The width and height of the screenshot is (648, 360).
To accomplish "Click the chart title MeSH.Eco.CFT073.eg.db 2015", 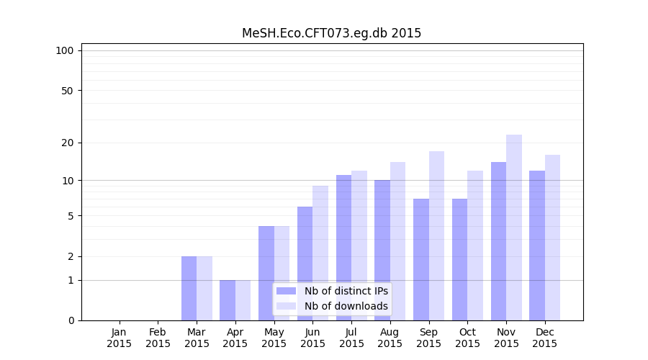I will pos(331,33).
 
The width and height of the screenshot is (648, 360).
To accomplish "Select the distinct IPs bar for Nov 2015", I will pos(498,241).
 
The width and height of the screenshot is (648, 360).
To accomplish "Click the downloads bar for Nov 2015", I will pos(514,228).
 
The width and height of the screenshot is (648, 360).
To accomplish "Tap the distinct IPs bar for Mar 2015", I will pos(189,288).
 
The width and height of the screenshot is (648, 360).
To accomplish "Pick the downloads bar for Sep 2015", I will pos(436,235).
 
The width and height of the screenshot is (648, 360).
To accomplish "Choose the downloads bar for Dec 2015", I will pos(552,238).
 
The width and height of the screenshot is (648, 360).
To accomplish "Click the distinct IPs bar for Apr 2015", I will pos(228,300).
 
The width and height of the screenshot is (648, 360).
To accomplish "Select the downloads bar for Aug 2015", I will pos(397,241).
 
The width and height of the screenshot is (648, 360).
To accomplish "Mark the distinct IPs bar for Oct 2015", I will pos(459,259).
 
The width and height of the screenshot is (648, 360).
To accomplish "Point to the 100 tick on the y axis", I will pos(65,50).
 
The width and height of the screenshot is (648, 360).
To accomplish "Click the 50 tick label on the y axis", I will pos(67,91).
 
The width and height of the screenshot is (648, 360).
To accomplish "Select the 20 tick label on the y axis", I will pos(67,143).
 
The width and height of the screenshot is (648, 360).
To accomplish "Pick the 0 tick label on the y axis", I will pos(71,320).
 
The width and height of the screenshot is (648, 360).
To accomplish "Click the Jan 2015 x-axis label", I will pos(120,338).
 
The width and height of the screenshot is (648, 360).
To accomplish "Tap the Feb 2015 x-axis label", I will pos(158,338).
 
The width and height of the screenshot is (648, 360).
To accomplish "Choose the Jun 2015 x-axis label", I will pos(312,338).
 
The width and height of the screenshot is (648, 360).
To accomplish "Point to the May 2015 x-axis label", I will pos(274,338).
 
